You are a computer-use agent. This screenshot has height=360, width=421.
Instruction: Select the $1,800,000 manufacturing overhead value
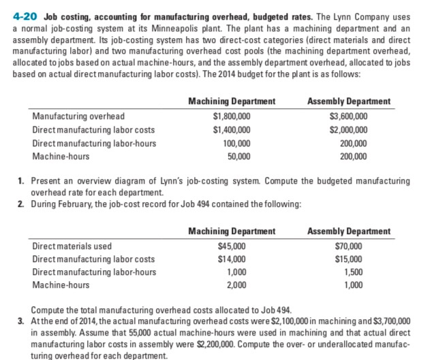[232, 116]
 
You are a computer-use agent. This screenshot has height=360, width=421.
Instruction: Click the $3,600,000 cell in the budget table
[348, 116]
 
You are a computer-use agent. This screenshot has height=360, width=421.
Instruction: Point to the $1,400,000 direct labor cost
[232, 129]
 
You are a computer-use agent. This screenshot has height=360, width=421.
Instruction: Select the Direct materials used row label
[72, 246]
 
